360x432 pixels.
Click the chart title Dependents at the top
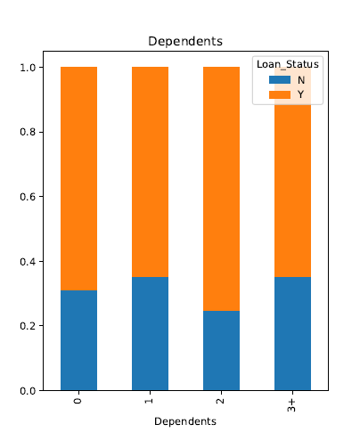tap(186, 41)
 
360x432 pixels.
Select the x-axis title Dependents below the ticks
tap(186, 420)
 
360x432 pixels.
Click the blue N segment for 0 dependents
tap(78, 340)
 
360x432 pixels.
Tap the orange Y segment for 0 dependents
tap(78, 178)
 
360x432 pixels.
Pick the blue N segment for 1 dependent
tap(150, 334)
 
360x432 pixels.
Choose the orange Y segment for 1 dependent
tap(150, 172)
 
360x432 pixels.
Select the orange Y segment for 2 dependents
tap(222, 189)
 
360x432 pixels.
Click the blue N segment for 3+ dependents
tap(293, 334)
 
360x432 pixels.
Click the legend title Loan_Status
tap(286, 64)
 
